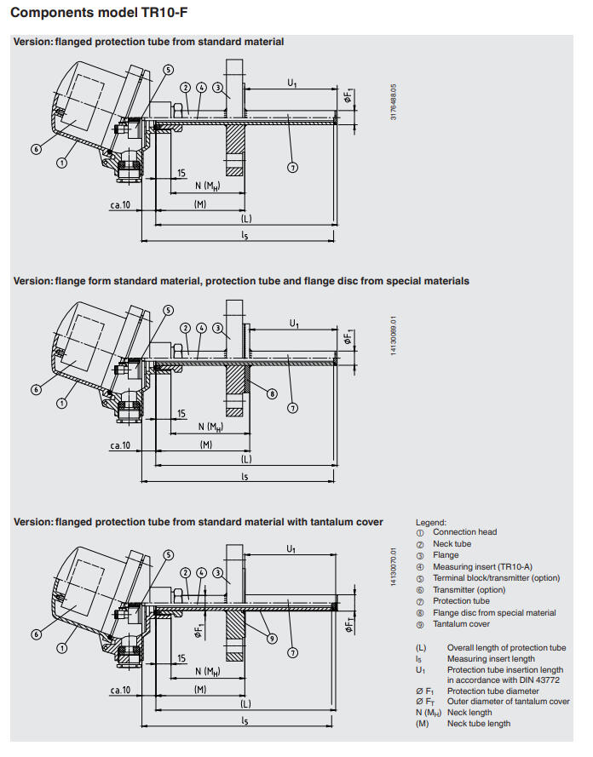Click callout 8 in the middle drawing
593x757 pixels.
[x=271, y=393]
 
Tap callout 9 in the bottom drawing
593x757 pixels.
[x=270, y=638]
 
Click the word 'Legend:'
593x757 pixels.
[x=430, y=522]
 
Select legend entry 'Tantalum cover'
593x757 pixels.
[x=460, y=624]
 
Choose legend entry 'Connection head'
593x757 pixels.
[x=464, y=532]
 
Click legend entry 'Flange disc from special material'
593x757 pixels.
[x=493, y=612]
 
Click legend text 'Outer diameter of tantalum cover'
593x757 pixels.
[x=508, y=702]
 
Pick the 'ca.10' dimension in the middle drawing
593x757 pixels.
[x=119, y=444]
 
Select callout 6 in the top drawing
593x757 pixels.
[x=36, y=148]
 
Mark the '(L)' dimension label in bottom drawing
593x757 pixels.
[x=245, y=704]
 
